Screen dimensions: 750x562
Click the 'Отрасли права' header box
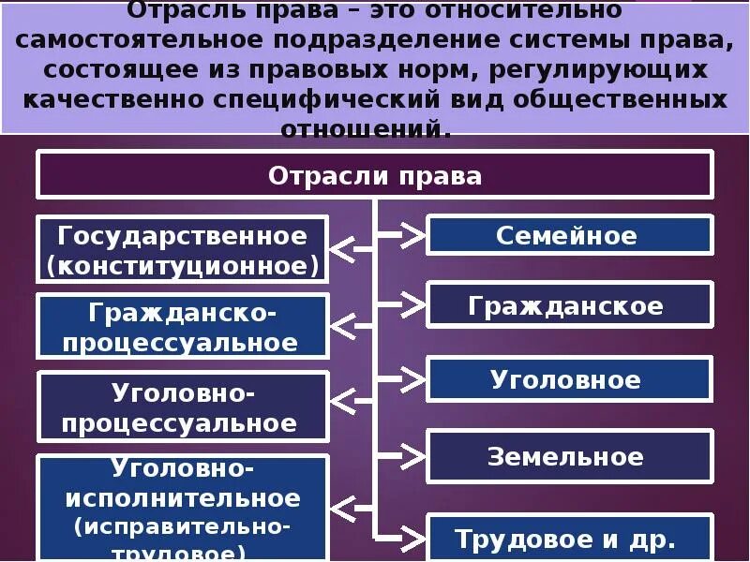pos(375,175)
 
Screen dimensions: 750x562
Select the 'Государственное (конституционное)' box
pos(183,250)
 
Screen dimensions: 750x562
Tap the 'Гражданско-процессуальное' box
pos(183,326)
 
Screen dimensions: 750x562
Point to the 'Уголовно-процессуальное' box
pos(183,407)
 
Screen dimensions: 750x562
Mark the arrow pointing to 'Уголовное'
pos(411,379)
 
